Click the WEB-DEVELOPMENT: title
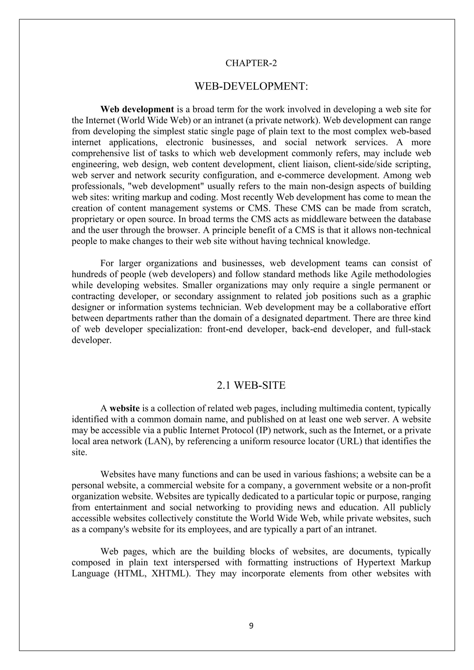coord(251,86)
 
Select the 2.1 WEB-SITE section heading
coord(251,385)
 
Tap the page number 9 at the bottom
coord(251,626)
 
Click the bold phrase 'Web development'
coord(137,109)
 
